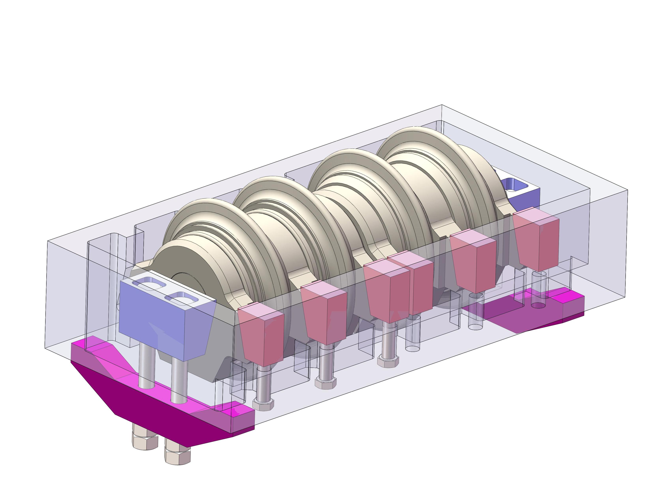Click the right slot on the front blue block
(181, 298)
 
